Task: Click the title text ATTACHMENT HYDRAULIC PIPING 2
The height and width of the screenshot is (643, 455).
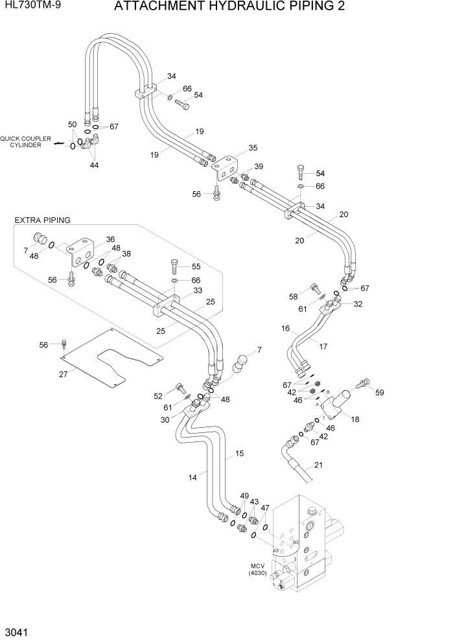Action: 229,7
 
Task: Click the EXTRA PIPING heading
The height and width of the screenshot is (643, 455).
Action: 42,220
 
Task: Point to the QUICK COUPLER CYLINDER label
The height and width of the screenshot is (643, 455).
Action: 21,141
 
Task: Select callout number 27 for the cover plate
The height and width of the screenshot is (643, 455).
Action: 64,374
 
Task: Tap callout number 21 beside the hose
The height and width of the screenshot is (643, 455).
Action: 318,465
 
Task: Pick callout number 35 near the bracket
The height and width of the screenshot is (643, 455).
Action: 253,148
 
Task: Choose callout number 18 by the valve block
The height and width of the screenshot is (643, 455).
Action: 355,420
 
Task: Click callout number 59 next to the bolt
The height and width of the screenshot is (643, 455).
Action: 380,392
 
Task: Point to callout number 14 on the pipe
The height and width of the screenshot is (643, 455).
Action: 192,478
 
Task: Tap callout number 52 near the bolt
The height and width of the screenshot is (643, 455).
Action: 158,396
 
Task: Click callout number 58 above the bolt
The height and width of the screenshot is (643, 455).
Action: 294,296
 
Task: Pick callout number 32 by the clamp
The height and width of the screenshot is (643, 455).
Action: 358,303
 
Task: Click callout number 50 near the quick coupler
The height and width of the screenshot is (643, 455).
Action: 73,124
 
